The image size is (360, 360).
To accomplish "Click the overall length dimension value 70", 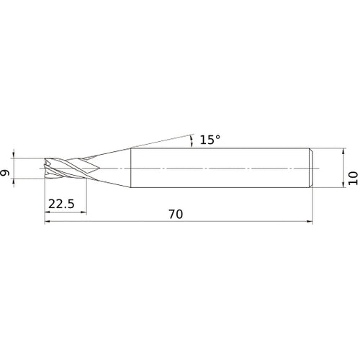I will pos(175,215).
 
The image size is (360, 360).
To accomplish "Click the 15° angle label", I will pos(210,140).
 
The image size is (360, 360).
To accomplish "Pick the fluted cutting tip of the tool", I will pos(61,168).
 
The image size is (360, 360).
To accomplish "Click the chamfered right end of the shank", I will pos(311,168).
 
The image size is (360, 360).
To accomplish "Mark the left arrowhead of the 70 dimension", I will pos(48,222).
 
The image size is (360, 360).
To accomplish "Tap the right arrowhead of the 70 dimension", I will pos(312,222).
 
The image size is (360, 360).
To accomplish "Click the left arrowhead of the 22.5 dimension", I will pos(48,212).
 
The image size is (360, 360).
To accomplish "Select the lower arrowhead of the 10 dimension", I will pos(341,185).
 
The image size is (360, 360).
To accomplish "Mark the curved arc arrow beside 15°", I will pos(191,140).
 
